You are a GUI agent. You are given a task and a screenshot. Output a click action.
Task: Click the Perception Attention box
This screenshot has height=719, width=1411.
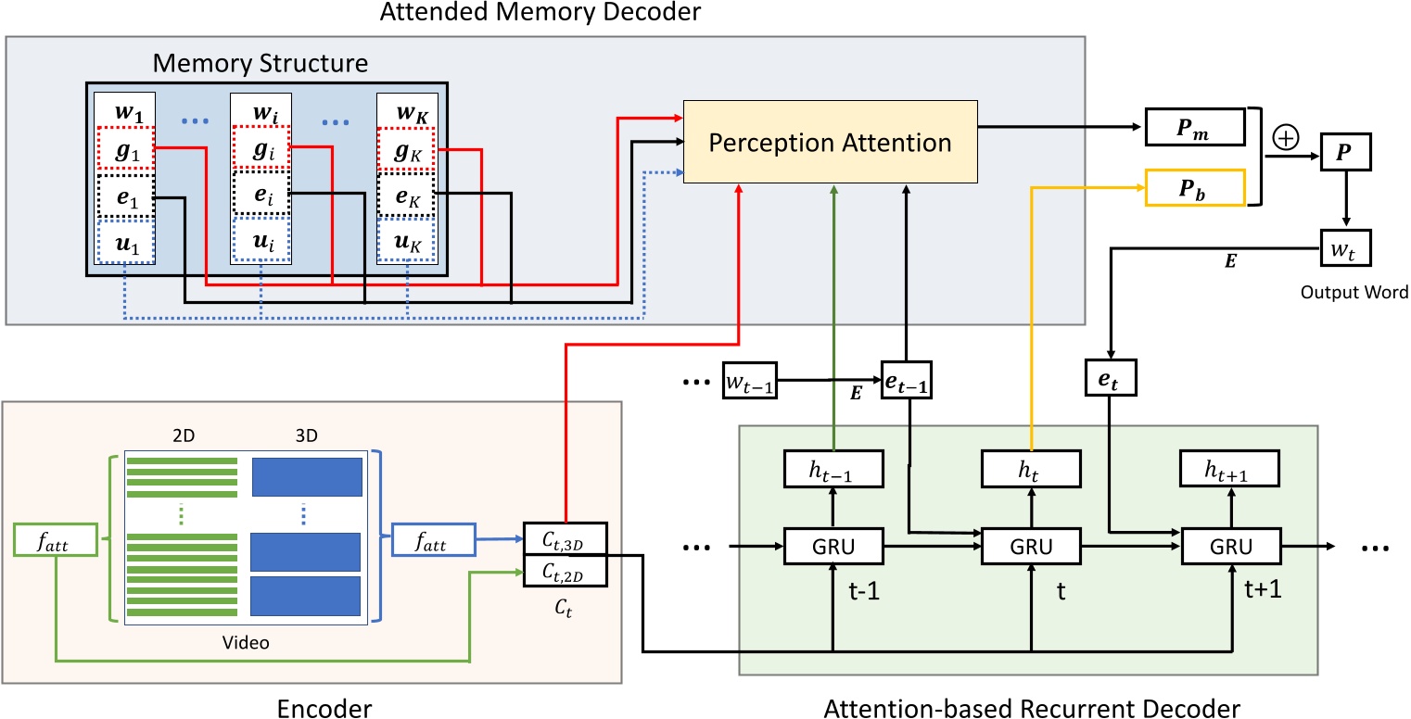point(831,142)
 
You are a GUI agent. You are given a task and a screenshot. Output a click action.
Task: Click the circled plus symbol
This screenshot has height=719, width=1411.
point(1286,137)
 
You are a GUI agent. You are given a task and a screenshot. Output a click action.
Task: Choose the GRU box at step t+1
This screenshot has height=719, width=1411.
point(1229,547)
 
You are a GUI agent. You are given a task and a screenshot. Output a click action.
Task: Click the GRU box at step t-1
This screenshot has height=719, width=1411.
point(833,547)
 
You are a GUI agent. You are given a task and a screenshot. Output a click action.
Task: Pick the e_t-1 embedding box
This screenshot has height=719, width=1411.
point(905,381)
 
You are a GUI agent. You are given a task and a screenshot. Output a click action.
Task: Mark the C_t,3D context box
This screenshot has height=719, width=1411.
point(565,537)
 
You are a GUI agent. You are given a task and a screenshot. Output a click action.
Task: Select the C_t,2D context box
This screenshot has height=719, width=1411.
point(565,570)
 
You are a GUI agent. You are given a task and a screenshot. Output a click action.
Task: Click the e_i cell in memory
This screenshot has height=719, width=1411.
point(261,196)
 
